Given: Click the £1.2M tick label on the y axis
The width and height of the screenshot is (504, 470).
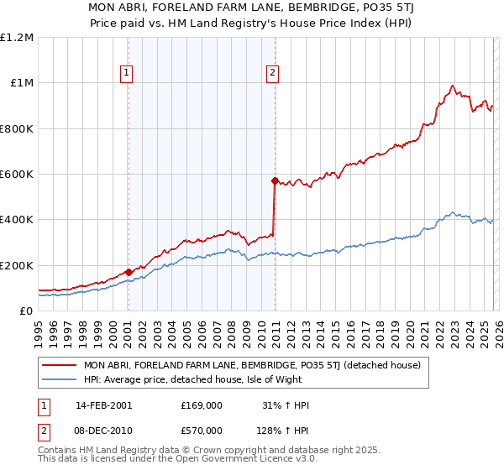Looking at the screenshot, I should pyautogui.click(x=17, y=37).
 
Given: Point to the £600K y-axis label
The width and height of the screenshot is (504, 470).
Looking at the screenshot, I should pyautogui.click(x=17, y=175).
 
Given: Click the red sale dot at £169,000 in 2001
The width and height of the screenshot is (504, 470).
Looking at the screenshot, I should pyautogui.click(x=129, y=272).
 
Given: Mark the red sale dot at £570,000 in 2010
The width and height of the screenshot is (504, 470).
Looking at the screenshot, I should pyautogui.click(x=275, y=180).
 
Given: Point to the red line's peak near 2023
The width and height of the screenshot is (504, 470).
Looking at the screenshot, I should pyautogui.click(x=453, y=86).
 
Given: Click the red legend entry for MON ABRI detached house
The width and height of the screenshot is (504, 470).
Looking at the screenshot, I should pyautogui.click(x=245, y=365).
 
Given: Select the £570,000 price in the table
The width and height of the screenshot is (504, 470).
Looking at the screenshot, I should pyautogui.click(x=201, y=430).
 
